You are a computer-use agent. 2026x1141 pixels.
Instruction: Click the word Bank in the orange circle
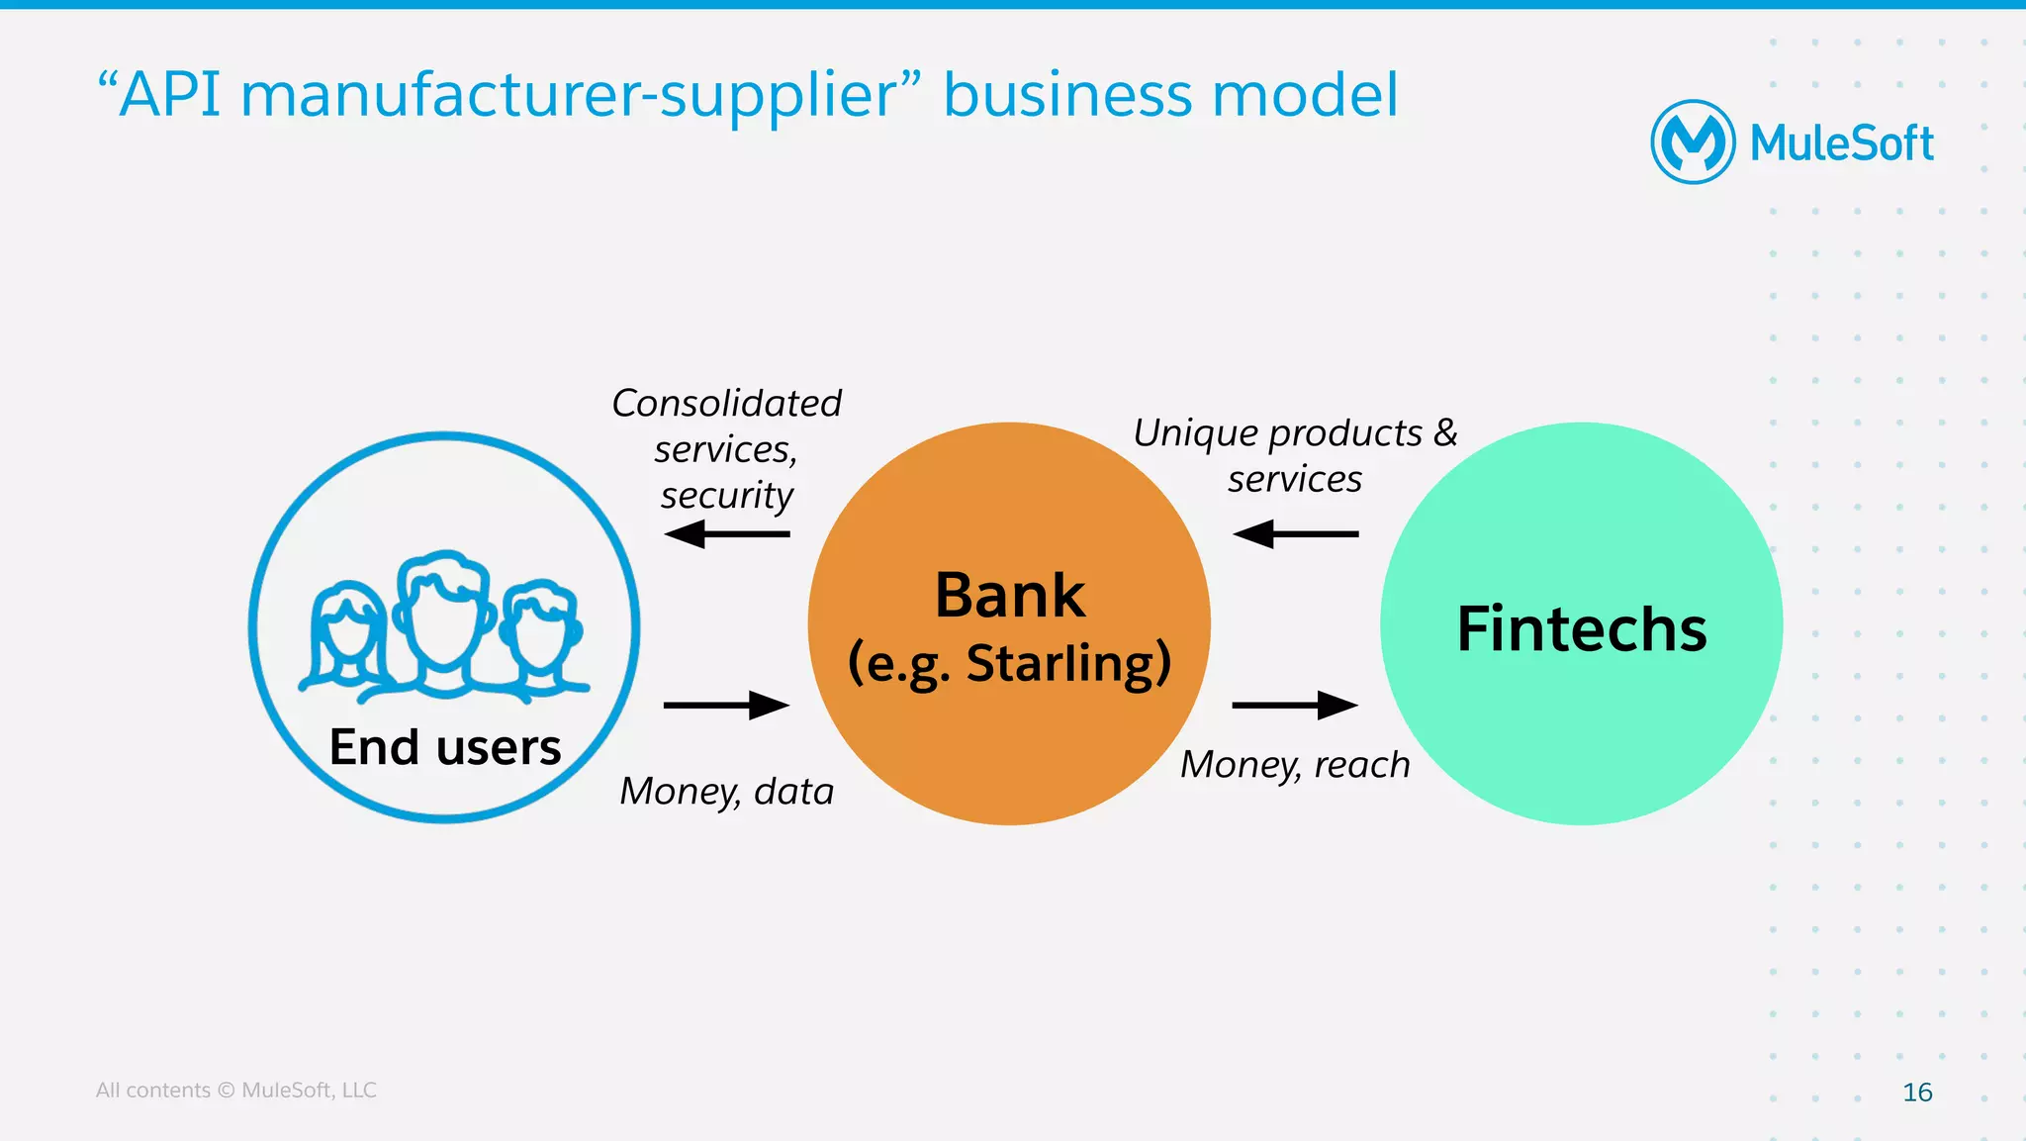[x=1009, y=596]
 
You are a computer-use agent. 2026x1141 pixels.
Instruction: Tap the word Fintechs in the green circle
[x=1581, y=628]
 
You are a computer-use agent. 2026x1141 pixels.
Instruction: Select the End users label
[x=444, y=747]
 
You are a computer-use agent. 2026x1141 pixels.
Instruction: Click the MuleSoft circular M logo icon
[x=1693, y=142]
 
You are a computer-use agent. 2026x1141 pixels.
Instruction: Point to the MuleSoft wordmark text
[x=1841, y=143]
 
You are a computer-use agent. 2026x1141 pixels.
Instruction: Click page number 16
[x=1916, y=1092]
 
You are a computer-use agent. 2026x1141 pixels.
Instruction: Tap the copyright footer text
[x=235, y=1090]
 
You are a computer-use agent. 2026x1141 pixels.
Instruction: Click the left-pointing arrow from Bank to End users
[x=726, y=534]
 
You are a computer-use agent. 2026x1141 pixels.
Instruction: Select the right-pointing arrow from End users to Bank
[x=726, y=706]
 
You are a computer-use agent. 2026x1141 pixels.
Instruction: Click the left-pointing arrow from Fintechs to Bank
[x=1295, y=534]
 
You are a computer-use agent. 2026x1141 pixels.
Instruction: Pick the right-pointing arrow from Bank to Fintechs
[x=1295, y=706]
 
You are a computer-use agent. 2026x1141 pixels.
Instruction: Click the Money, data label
[x=726, y=792]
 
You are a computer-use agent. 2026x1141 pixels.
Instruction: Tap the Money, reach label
[x=1295, y=765]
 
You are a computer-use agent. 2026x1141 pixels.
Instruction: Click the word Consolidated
[x=726, y=404]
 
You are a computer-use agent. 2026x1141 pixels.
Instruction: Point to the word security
[x=726, y=496]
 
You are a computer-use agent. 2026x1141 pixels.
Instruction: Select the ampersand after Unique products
[x=1445, y=432]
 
